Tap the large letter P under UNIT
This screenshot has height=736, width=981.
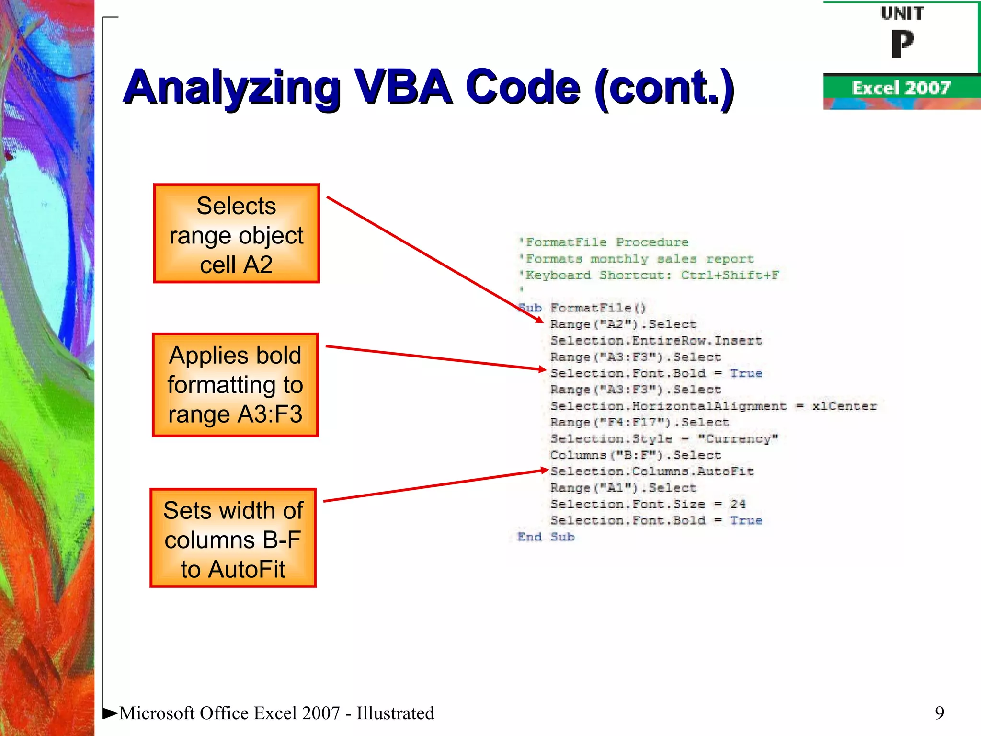point(902,44)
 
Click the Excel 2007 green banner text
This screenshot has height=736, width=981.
point(901,88)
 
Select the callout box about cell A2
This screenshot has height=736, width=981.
point(236,234)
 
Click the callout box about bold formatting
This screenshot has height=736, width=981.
point(235,385)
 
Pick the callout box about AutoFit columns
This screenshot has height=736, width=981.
point(233,538)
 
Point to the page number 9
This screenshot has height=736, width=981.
point(939,713)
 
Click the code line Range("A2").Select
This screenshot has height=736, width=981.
point(623,324)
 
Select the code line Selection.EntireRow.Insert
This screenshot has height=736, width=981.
point(655,341)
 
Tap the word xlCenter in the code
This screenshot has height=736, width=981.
point(844,406)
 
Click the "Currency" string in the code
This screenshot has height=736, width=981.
point(738,438)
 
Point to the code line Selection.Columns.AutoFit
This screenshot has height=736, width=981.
point(651,471)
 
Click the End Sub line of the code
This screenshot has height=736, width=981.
point(546,537)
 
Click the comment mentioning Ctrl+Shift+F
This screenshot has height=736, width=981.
point(649,275)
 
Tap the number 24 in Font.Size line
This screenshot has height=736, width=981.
point(738,504)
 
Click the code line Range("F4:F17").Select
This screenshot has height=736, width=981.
point(639,422)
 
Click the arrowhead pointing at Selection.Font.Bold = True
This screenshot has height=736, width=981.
point(542,369)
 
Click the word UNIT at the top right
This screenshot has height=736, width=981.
point(902,13)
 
